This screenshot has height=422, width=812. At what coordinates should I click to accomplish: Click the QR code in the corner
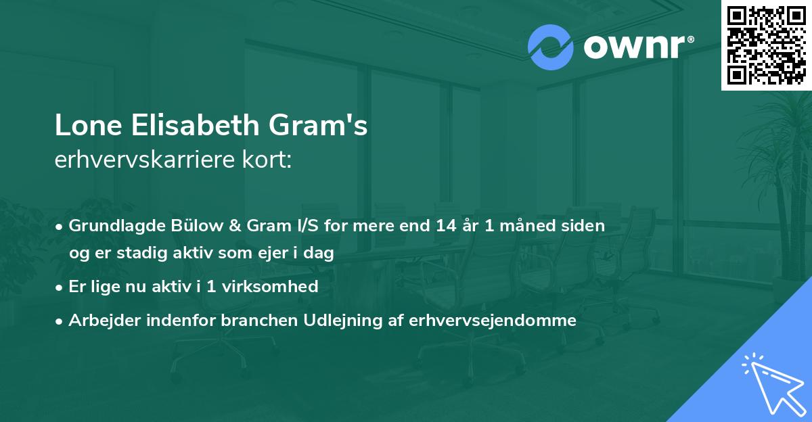point(767,45)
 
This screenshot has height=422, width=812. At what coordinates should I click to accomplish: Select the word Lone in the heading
point(85,126)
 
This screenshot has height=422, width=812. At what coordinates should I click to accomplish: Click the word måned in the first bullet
point(524,225)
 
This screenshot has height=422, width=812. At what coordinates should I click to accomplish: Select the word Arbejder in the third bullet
point(100,321)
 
